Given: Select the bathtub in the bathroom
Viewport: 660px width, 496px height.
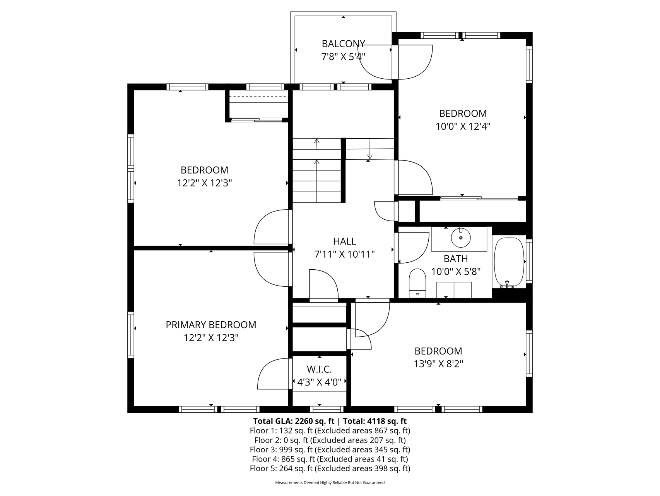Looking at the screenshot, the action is pyautogui.click(x=509, y=262).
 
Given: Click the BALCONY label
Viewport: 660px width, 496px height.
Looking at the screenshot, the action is pyautogui.click(x=343, y=43).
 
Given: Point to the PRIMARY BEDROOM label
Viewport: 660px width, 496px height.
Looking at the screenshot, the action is pyautogui.click(x=211, y=325).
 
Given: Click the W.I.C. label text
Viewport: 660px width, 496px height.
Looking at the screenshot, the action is pyautogui.click(x=319, y=369).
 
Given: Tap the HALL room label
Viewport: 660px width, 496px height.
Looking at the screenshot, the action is pyautogui.click(x=344, y=241).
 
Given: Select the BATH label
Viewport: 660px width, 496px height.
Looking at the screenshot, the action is pyautogui.click(x=456, y=258).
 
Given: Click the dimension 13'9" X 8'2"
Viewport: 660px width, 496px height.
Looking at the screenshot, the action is pyautogui.click(x=438, y=364).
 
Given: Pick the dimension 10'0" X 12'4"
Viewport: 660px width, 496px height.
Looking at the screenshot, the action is pyautogui.click(x=463, y=126).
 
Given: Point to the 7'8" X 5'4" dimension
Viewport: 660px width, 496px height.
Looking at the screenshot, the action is pyautogui.click(x=343, y=57).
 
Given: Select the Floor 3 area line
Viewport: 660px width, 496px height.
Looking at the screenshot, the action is pyautogui.click(x=330, y=449).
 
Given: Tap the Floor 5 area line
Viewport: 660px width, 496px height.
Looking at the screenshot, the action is pyautogui.click(x=330, y=468).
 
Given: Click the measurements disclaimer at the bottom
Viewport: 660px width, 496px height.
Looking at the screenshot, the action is pyautogui.click(x=330, y=483).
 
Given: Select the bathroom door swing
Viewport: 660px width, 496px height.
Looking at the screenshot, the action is pyautogui.click(x=413, y=248).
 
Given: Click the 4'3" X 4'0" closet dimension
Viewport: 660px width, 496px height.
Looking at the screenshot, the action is pyautogui.click(x=319, y=382).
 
